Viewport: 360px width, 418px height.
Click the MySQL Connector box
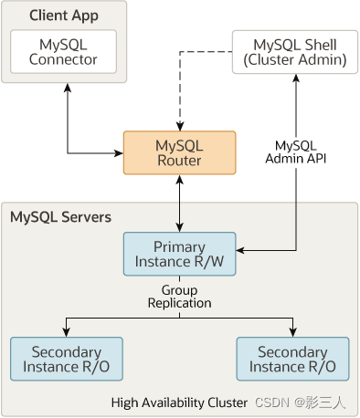63,52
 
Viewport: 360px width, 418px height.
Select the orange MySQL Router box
179,153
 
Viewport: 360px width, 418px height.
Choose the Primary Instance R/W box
179,254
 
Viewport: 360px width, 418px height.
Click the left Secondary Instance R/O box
66,359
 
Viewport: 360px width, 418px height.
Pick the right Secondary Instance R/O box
292,359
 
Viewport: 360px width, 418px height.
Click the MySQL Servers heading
60,217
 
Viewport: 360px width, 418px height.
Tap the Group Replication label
180,296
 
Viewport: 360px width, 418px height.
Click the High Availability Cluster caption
179,402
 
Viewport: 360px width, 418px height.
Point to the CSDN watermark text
305,402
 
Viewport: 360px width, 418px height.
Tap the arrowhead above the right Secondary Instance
292,331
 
